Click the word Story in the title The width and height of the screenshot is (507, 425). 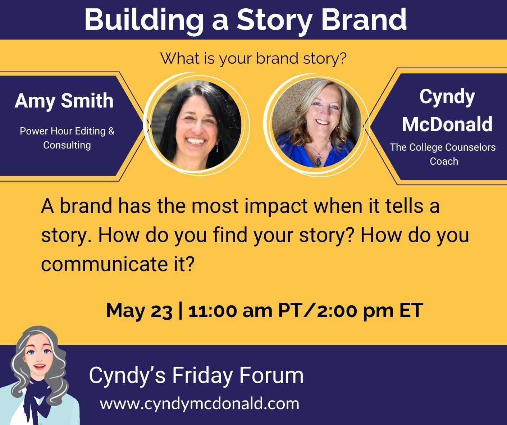point(275,21)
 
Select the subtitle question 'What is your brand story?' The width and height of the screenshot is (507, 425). point(253,59)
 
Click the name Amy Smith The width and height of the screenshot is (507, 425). point(64,101)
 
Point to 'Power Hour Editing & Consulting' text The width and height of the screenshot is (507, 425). point(67,138)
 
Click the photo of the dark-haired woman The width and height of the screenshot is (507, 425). point(196,125)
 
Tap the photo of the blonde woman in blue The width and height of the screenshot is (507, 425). point(316,123)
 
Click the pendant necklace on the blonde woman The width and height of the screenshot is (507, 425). point(318,161)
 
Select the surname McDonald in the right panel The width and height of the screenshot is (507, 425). point(447,124)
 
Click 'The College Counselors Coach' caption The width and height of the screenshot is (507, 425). point(443,154)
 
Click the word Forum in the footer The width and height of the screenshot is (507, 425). point(271,375)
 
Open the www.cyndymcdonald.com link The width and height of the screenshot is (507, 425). point(200,404)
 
